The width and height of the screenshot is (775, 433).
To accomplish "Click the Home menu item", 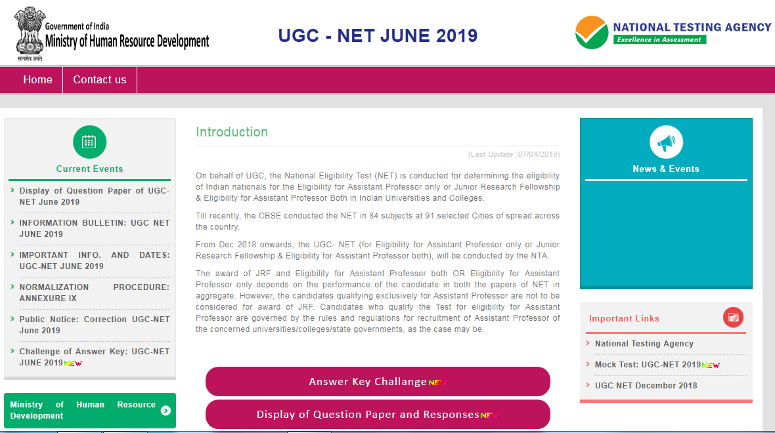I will [x=37, y=80].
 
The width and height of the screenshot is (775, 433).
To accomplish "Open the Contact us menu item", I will [x=99, y=80].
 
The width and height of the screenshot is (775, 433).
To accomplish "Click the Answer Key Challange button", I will [x=378, y=382].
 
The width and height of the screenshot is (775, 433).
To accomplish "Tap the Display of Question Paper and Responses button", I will [x=378, y=415].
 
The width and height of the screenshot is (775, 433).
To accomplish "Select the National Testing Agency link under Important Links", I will [x=644, y=344].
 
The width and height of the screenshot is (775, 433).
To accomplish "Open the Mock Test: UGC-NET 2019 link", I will [x=648, y=365].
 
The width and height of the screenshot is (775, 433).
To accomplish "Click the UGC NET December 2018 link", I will [x=646, y=386].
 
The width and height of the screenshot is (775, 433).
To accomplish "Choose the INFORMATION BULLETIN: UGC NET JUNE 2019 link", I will [x=94, y=228].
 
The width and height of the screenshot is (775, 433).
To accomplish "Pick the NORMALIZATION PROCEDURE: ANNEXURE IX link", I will [x=94, y=293].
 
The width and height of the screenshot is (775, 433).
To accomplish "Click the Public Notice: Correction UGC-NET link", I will [x=94, y=325].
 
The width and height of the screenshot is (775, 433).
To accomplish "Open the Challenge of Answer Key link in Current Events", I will [x=94, y=357].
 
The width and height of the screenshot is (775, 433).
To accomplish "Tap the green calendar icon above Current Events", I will [x=89, y=142].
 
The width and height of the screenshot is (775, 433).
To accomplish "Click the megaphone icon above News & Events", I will [x=666, y=142].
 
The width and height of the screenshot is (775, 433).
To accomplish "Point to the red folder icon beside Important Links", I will [x=733, y=318].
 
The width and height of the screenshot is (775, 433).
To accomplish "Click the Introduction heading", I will [x=232, y=132].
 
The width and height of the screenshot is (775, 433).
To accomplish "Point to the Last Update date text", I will [x=514, y=154].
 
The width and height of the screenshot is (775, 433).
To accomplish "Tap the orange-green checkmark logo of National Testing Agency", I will [x=591, y=33].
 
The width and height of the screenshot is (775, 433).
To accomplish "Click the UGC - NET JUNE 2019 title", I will [x=378, y=35].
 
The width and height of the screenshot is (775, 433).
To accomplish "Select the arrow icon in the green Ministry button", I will [x=166, y=411].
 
